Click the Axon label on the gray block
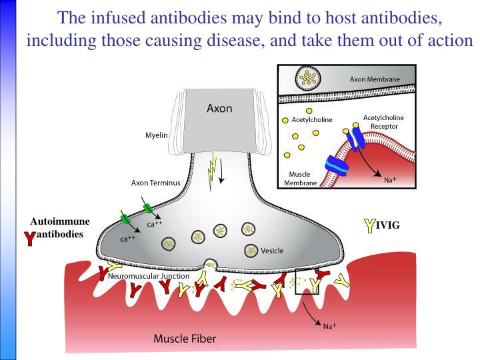219,109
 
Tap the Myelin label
157,135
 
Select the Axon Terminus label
156,183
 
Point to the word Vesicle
272,251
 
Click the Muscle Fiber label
185,339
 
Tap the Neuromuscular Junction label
149,276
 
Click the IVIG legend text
388,225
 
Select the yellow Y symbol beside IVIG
370,226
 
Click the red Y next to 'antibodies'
30,239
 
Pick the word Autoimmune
60,221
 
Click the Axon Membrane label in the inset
375,79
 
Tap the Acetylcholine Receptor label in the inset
383,122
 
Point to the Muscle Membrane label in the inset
300,179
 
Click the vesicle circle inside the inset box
308,78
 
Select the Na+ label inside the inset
390,180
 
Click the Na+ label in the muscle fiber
330,326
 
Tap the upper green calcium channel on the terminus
147,209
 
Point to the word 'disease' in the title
235,41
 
